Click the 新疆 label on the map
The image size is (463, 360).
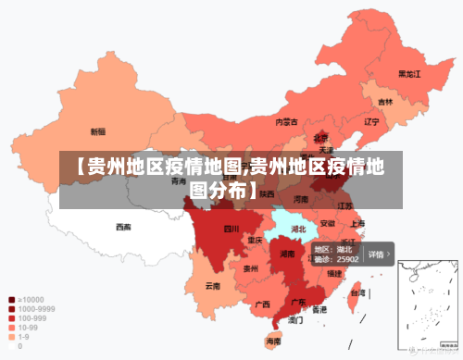[97, 131]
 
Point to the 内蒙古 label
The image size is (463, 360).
[286, 121]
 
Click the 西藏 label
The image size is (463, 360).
[123, 227]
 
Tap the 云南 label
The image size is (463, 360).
[213, 286]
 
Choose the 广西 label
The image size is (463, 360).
[262, 304]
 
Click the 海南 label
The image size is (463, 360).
[273, 341]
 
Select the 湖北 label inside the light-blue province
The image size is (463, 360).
[298, 228]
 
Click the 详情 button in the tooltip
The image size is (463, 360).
[378, 253]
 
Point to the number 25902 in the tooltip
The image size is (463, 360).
[346, 260]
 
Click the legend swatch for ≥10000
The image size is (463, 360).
[11, 299]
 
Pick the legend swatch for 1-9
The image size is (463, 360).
[11, 336]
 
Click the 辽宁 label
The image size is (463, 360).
[372, 121]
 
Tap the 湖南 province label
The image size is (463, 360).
[287, 253]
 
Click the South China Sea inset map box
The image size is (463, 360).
[429, 306]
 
